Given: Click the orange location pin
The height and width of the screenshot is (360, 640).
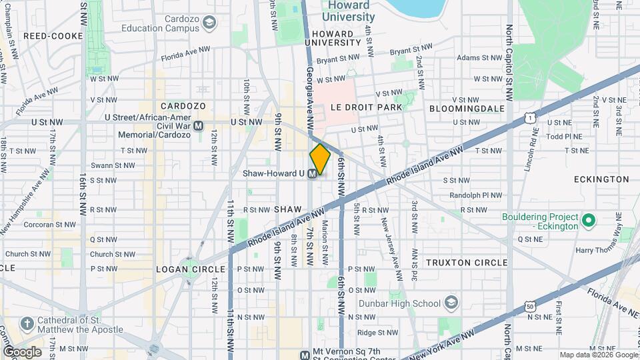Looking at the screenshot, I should click(x=320, y=159).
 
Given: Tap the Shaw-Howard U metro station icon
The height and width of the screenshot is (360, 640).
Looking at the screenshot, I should click(x=311, y=173).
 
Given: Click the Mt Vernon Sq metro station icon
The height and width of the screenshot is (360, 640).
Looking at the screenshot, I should click(x=305, y=355).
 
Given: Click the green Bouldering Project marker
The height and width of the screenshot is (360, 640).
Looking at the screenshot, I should click(x=588, y=220).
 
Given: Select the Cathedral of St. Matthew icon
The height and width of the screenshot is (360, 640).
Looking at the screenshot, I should click(x=27, y=325).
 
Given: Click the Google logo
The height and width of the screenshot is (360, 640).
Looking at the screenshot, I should click(x=22, y=351).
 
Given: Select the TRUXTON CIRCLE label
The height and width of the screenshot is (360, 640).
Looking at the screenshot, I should click(x=467, y=263).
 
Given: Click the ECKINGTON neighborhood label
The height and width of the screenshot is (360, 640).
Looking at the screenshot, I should click(x=592, y=179).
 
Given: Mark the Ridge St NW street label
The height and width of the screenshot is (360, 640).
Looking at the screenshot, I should click(x=377, y=332).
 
